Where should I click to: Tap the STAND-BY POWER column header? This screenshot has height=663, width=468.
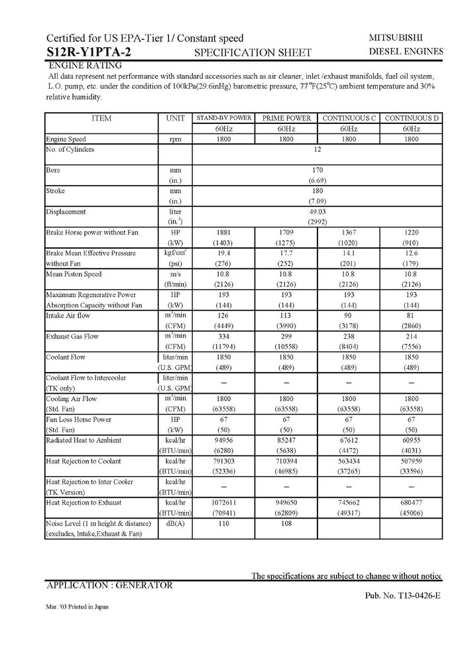pos(223,118)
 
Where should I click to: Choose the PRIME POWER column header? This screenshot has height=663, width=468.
pos(286,118)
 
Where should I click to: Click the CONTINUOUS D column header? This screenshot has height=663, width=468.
pos(411,118)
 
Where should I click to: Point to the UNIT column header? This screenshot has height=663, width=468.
pos(175,118)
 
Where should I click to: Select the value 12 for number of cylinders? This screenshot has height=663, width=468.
pos(317,149)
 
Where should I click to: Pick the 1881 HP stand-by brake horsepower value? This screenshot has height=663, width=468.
pos(223,233)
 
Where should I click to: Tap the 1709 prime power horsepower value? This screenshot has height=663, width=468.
pos(286,233)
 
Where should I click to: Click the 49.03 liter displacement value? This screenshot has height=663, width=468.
pos(317,211)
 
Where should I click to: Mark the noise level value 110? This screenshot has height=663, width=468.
pos(223,523)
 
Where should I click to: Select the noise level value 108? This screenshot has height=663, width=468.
pos(286,523)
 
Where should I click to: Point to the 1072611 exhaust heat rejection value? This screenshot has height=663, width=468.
pos(223,502)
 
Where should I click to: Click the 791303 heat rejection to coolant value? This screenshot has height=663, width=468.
pos(223,461)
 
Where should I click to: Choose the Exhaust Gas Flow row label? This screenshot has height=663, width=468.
pos(72,336)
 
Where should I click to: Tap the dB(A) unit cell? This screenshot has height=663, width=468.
pos(175,523)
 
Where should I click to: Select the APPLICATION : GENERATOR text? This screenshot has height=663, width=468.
pos(109,585)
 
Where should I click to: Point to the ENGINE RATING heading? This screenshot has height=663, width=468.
pos(85,66)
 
